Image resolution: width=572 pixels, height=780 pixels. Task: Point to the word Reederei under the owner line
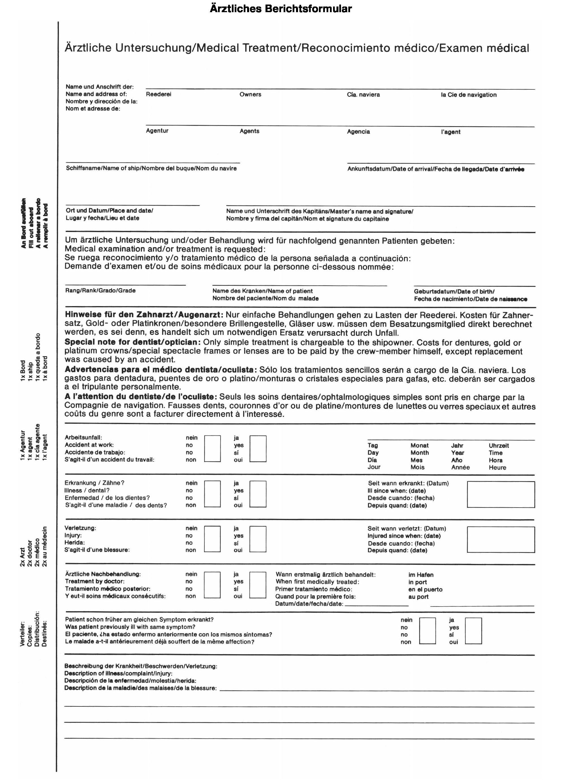(x=159, y=94)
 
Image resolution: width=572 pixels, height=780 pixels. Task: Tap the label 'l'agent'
(x=450, y=132)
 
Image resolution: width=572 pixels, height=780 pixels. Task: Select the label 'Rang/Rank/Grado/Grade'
(x=100, y=291)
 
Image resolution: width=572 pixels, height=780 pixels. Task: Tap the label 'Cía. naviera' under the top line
(x=363, y=94)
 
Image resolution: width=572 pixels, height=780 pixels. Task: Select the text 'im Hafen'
(x=421, y=575)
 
